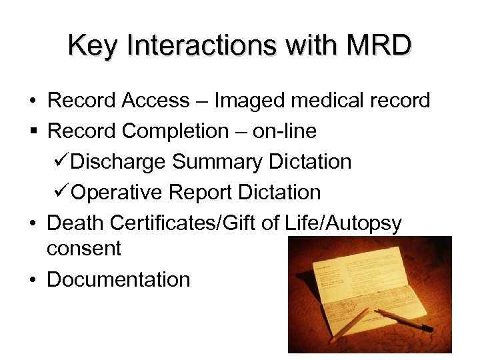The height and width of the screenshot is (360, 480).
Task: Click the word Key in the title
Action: (91, 46)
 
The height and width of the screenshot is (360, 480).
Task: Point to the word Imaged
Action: (249, 101)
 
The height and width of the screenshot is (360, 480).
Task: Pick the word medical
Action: (329, 101)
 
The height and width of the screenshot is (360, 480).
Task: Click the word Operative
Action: (117, 193)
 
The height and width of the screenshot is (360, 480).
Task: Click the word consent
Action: (84, 249)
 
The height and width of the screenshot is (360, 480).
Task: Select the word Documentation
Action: (119, 279)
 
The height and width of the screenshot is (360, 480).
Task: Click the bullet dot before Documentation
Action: (32, 280)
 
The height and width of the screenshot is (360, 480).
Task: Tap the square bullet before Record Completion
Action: (32, 132)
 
